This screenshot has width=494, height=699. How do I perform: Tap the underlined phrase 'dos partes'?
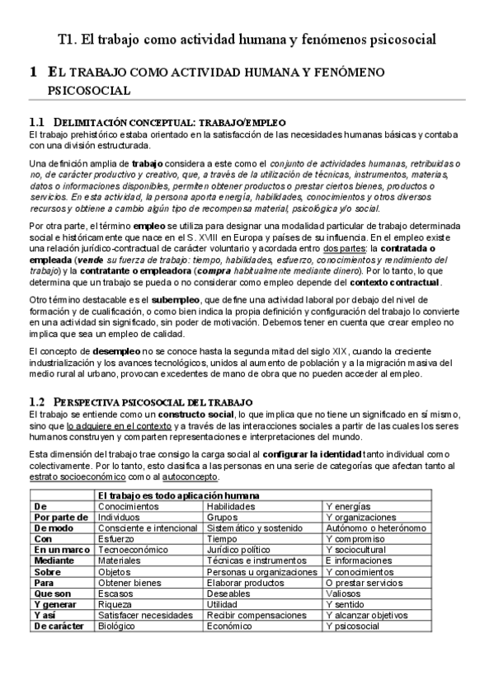345,248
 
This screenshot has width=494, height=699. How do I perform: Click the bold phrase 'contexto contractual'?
401,282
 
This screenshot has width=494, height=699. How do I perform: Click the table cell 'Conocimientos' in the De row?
125,506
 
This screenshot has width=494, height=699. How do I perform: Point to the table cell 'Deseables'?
229,593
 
